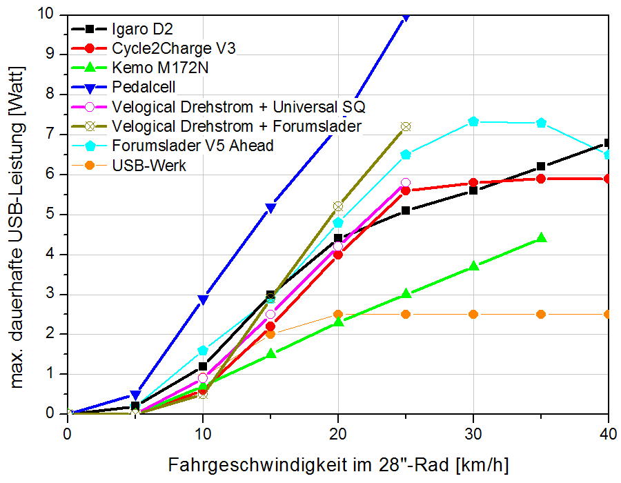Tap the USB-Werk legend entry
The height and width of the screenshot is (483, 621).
pos(148,166)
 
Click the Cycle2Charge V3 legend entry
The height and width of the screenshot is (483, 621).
pos(173,49)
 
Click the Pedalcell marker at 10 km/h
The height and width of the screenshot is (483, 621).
pos(203,299)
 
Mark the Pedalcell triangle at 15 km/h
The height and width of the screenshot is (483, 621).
pos(270,207)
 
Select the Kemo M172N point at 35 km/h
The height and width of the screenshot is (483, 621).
pos(541,237)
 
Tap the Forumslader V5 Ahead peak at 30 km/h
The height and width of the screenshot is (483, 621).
pos(473,121)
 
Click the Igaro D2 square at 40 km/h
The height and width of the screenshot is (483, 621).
pos(608,143)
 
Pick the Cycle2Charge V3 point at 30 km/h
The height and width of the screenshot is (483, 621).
pos(473,183)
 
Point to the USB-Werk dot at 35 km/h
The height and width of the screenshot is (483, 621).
pos(541,314)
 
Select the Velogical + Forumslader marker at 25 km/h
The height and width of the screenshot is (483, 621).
pos(406,126)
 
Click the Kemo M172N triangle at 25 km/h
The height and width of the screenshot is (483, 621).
pos(406,293)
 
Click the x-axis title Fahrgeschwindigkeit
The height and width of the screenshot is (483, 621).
pos(338,464)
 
